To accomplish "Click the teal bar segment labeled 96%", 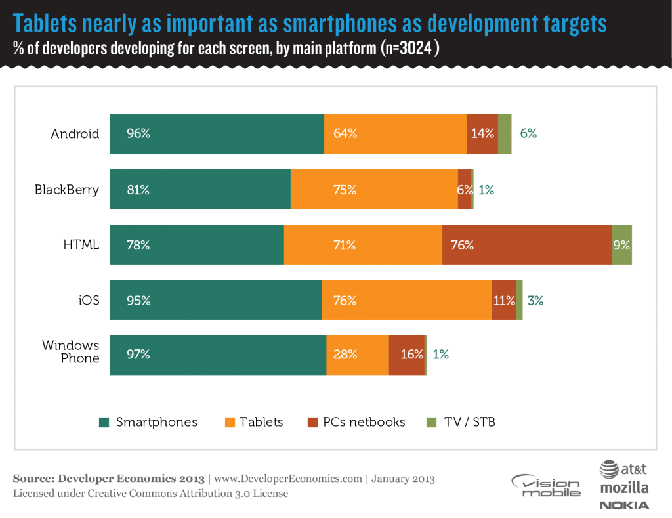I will pos(217,134).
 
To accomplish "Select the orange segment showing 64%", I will pos(395,134).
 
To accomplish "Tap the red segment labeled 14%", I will pos(482,134).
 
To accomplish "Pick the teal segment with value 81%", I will pos(200,190).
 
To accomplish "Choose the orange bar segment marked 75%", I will pos(374,190).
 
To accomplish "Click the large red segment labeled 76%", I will pos(527,245).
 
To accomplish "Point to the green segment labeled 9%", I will pos(622,245).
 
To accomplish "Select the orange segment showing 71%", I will pos(363,245).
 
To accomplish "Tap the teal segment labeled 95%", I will pos(215,300).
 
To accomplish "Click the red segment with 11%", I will pos(503,300).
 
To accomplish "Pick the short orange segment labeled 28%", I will pos(357,355).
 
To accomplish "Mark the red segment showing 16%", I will pos(407,355).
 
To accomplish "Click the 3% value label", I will pos(535,301).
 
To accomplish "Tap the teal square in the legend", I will pos(104,422).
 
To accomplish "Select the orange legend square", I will pos(230,422).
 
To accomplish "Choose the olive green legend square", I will pos(431,422).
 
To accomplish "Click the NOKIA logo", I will pos(624,505).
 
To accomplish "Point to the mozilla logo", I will pos(623,488).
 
